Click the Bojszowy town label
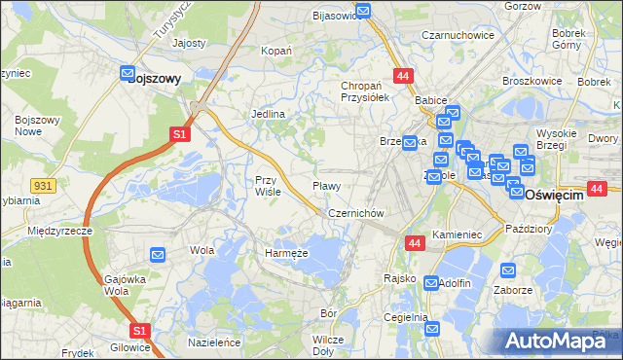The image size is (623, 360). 155,82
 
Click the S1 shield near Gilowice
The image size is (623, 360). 140,331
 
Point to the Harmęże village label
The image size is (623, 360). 287,253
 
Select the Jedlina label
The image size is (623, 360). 268,115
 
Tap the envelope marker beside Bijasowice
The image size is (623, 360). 363,12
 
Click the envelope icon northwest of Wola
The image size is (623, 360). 159,255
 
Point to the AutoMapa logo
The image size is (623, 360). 559,340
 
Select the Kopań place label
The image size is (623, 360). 277,50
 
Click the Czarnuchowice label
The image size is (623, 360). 458,35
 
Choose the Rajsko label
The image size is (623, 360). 400,278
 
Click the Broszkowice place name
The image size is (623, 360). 534,81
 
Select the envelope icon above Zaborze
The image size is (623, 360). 506,270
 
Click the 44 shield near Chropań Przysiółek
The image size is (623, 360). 403,75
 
